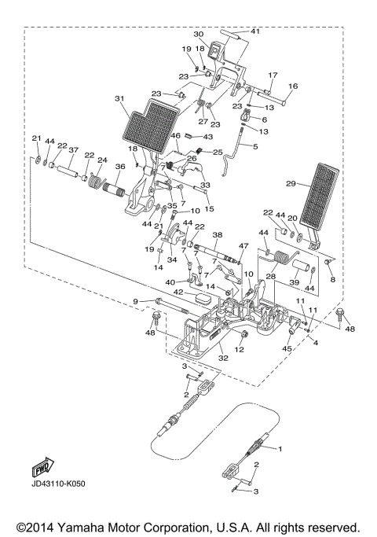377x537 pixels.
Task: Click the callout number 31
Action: pos(119,98)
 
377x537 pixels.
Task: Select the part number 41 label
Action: pos(254,31)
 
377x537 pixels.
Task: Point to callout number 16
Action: pos(293,86)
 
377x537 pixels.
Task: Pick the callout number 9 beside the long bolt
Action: pos(135,301)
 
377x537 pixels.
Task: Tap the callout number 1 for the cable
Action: pos(276,448)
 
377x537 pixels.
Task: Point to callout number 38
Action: pos(218,235)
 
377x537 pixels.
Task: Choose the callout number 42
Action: pos(179,292)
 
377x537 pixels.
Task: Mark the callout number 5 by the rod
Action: pos(254,146)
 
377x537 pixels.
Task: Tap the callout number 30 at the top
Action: pos(198,34)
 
